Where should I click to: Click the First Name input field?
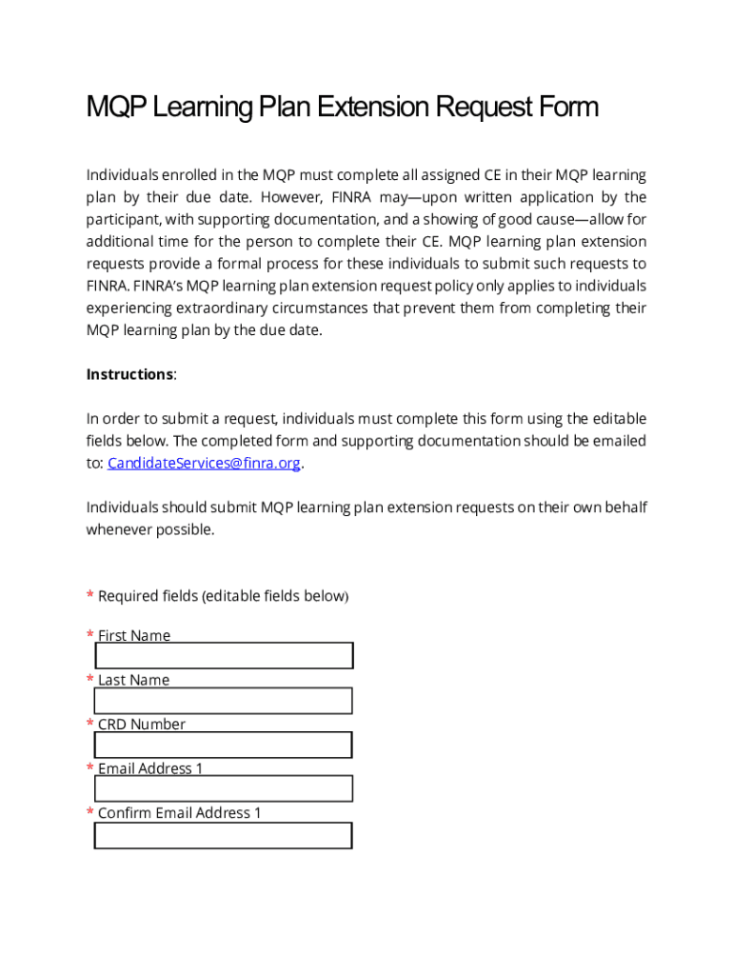[x=224, y=656]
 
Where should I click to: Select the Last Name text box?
[x=224, y=701]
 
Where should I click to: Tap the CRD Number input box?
[x=224, y=745]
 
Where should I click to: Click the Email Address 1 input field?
[x=224, y=788]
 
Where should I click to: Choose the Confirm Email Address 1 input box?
[x=224, y=835]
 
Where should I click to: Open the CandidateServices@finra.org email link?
[x=204, y=464]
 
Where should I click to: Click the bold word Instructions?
[x=129, y=374]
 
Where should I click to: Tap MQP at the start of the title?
[x=113, y=108]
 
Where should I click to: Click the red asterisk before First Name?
[x=90, y=636]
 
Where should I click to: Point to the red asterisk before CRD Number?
[x=90, y=725]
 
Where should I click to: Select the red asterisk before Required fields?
[x=90, y=597]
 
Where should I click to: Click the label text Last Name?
[x=133, y=680]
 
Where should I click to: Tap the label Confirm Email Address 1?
[x=179, y=813]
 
